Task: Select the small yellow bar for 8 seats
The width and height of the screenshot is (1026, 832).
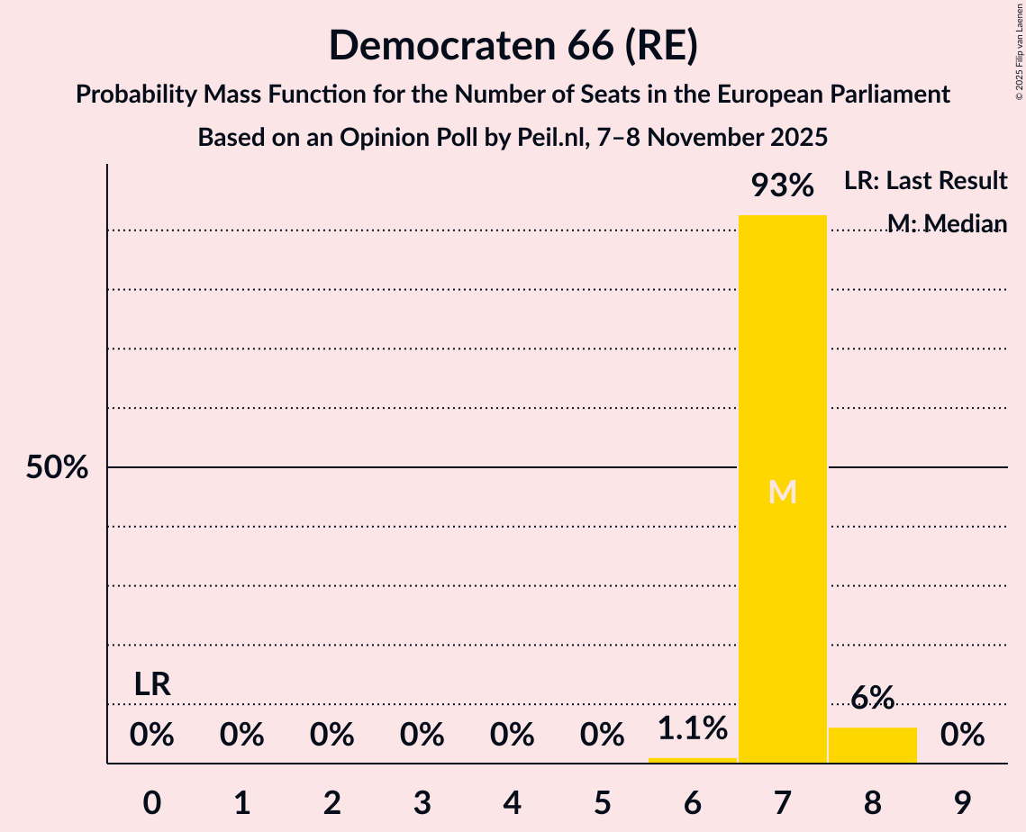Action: [x=872, y=745]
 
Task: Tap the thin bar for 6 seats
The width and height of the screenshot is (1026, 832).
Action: [x=692, y=760]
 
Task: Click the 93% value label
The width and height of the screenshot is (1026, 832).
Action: [x=782, y=186]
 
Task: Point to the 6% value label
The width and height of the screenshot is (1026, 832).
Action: [x=872, y=698]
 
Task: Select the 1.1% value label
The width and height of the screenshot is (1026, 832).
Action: [x=692, y=728]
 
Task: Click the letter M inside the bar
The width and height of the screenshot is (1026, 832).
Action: [x=782, y=492]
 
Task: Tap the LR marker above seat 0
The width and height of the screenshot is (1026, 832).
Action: [x=152, y=684]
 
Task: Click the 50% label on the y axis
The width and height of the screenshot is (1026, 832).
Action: [x=57, y=467]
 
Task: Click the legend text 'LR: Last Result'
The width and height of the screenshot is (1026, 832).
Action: [x=925, y=181]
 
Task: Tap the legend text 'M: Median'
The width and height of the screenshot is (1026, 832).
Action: [x=947, y=223]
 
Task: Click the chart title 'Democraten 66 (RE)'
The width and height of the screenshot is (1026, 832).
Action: [x=513, y=45]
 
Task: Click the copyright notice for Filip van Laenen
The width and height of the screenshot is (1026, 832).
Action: [x=1019, y=53]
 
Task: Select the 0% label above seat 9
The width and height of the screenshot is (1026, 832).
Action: [x=962, y=736]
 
